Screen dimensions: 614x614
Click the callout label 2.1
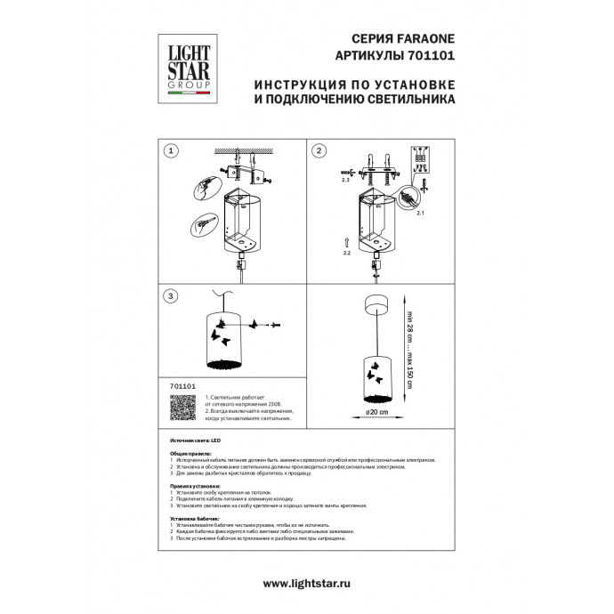(x=421, y=214)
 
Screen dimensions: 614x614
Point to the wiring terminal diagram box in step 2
(x=419, y=158)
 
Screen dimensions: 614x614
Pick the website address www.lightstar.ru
(x=306, y=583)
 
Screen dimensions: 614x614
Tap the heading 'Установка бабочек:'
(x=191, y=518)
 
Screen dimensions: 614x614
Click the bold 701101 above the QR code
(x=181, y=387)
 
